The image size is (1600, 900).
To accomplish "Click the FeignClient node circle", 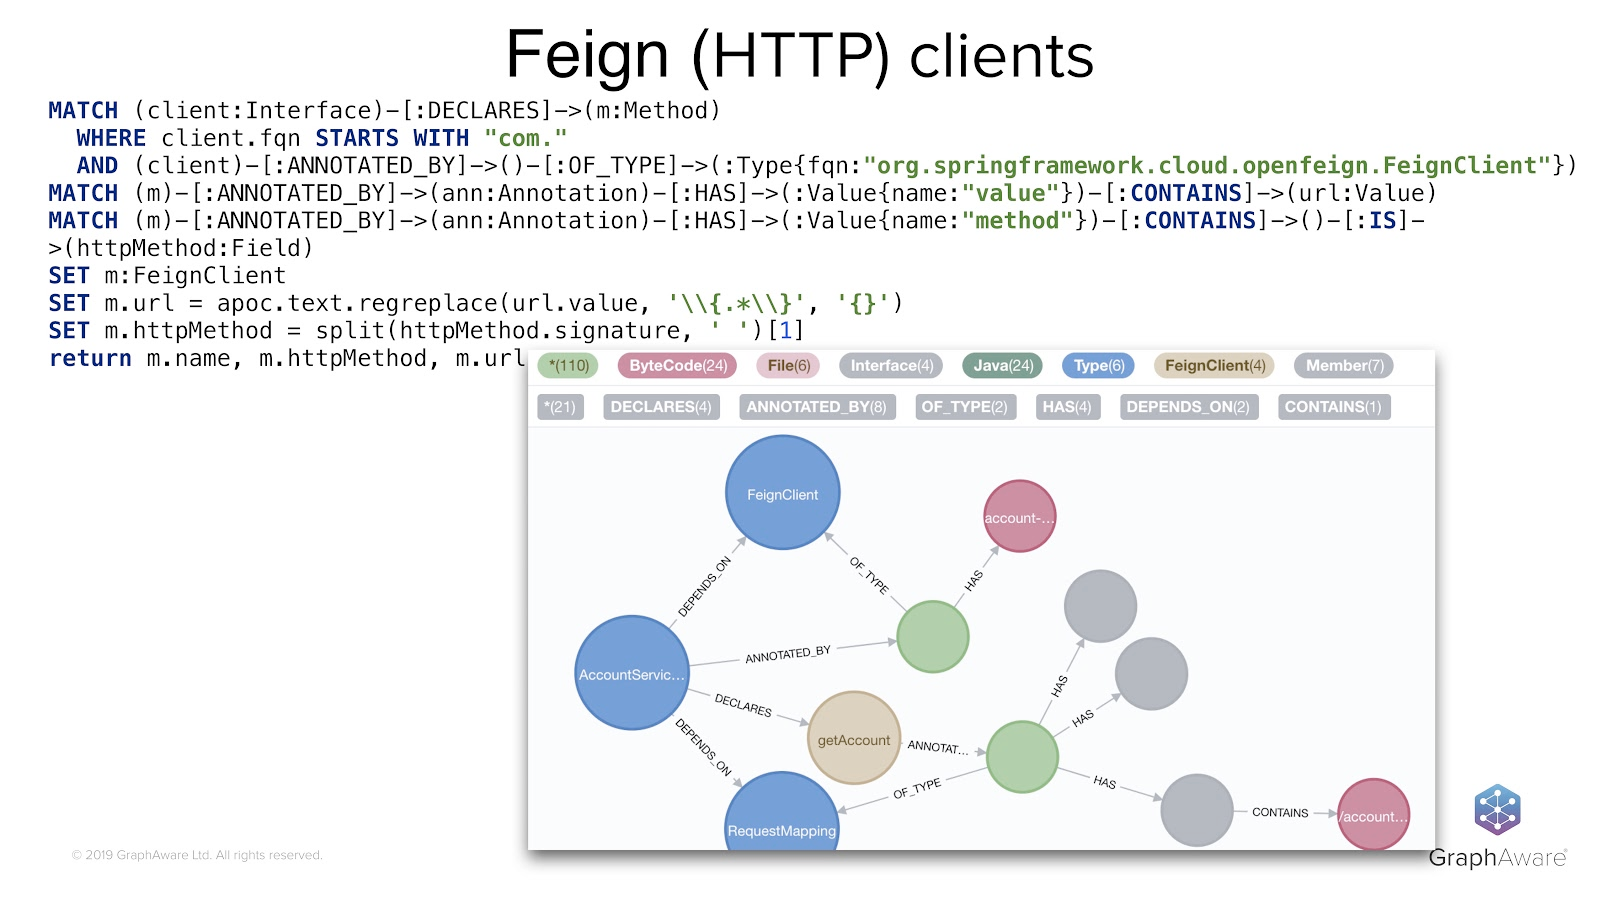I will click(782, 493).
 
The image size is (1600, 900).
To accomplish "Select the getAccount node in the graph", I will click(854, 739).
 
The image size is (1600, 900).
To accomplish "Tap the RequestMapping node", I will click(781, 815).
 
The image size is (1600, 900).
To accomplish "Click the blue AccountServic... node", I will click(632, 673).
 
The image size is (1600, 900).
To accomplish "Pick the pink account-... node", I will click(1019, 517).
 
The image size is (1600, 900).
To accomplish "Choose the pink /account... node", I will click(1373, 815).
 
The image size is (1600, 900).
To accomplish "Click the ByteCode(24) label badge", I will click(677, 366).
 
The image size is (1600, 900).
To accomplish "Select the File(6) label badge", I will click(788, 366).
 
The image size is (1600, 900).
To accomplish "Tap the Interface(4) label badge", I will click(891, 366).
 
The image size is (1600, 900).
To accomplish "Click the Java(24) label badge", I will click(1003, 366).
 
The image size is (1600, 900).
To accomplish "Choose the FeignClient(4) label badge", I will click(1214, 366).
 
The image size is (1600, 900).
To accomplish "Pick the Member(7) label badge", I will click(1344, 366).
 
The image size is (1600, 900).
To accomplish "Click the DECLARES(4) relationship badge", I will click(661, 407).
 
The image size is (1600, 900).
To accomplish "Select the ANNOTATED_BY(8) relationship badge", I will click(816, 407).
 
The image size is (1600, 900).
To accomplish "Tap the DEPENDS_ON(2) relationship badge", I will click(1188, 407).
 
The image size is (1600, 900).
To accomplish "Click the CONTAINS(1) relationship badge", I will click(1333, 407).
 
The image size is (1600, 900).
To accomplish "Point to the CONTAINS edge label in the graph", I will click(1280, 813).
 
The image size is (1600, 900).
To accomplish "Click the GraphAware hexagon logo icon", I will click(1497, 810).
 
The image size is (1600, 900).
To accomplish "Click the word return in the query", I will click(90, 359).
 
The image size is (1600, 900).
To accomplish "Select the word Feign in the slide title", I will click(587, 56).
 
